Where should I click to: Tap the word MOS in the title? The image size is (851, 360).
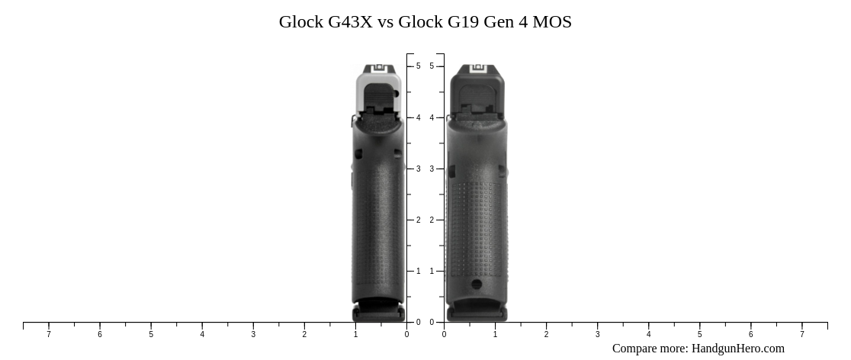[552, 22]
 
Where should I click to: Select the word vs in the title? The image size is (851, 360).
[385, 22]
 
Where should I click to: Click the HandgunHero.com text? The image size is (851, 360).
[737, 349]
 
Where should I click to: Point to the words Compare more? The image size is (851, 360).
[650, 349]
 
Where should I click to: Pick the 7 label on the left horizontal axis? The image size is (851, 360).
[49, 334]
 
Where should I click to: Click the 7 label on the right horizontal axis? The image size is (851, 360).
[801, 334]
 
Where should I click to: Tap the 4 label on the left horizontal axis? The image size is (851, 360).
[202, 334]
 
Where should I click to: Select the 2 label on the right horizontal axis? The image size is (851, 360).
[546, 334]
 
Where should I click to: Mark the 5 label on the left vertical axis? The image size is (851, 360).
[418, 66]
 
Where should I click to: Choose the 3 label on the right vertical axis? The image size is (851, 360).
[432, 169]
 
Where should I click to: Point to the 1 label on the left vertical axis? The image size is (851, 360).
[418, 271]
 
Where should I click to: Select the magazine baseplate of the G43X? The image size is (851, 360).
[378, 313]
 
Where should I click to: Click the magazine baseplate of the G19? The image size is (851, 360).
[477, 313]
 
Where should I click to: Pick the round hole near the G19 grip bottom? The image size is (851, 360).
[477, 284]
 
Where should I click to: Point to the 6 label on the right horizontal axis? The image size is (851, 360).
[750, 334]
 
